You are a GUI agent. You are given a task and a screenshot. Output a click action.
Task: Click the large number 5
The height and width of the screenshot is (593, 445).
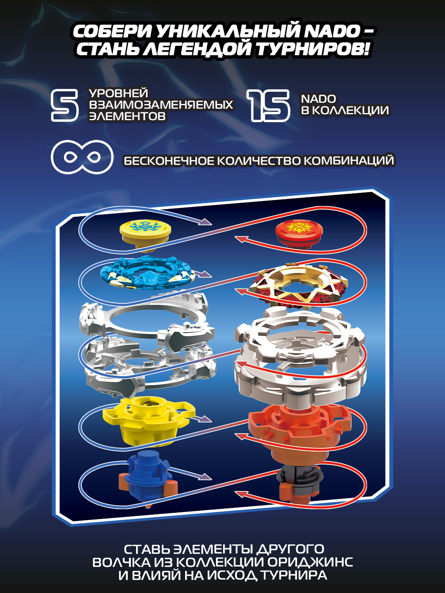click(x=65, y=106)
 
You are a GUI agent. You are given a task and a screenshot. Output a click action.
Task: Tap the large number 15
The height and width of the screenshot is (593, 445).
click(x=268, y=106)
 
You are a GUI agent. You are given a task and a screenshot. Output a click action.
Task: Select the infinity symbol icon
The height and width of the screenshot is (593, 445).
click(x=82, y=157)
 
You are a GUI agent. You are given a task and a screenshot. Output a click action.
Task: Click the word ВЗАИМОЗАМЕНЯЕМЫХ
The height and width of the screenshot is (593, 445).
click(x=161, y=105)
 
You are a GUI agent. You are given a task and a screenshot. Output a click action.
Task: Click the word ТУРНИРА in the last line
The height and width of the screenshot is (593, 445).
click(x=294, y=576)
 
